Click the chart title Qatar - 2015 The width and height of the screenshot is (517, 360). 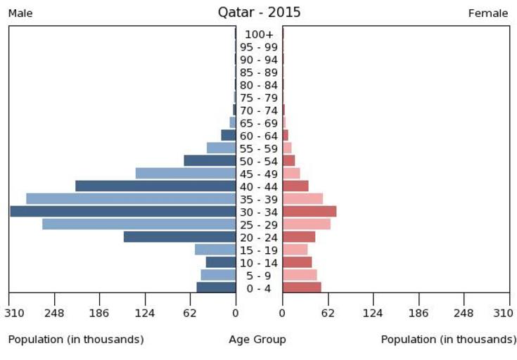pyautogui.click(x=259, y=12)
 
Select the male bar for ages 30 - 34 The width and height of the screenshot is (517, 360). pyautogui.click(x=123, y=212)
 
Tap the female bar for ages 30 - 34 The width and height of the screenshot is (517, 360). pyautogui.click(x=309, y=212)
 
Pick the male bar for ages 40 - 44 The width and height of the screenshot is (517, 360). pyautogui.click(x=155, y=186)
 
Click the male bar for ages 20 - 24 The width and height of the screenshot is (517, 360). pyautogui.click(x=179, y=237)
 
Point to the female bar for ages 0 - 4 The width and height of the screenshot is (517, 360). pyautogui.click(x=302, y=288)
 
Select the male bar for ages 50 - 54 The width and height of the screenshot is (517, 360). pyautogui.click(x=210, y=161)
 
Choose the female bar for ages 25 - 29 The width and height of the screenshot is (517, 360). pyautogui.click(x=307, y=224)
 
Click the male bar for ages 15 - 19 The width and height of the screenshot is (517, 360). pyautogui.click(x=215, y=250)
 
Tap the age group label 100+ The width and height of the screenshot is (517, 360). pyautogui.click(x=259, y=34)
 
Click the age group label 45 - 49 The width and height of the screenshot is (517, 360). pyautogui.click(x=259, y=174)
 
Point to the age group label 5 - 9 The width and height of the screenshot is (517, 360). pyautogui.click(x=259, y=275)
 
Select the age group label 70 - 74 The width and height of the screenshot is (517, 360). pyautogui.click(x=259, y=110)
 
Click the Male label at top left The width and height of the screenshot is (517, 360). pyautogui.click(x=20, y=13)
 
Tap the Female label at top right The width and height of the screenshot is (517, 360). pyautogui.click(x=488, y=13)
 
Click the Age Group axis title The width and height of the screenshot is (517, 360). pyautogui.click(x=257, y=340)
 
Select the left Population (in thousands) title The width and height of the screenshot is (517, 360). pyautogui.click(x=76, y=340)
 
